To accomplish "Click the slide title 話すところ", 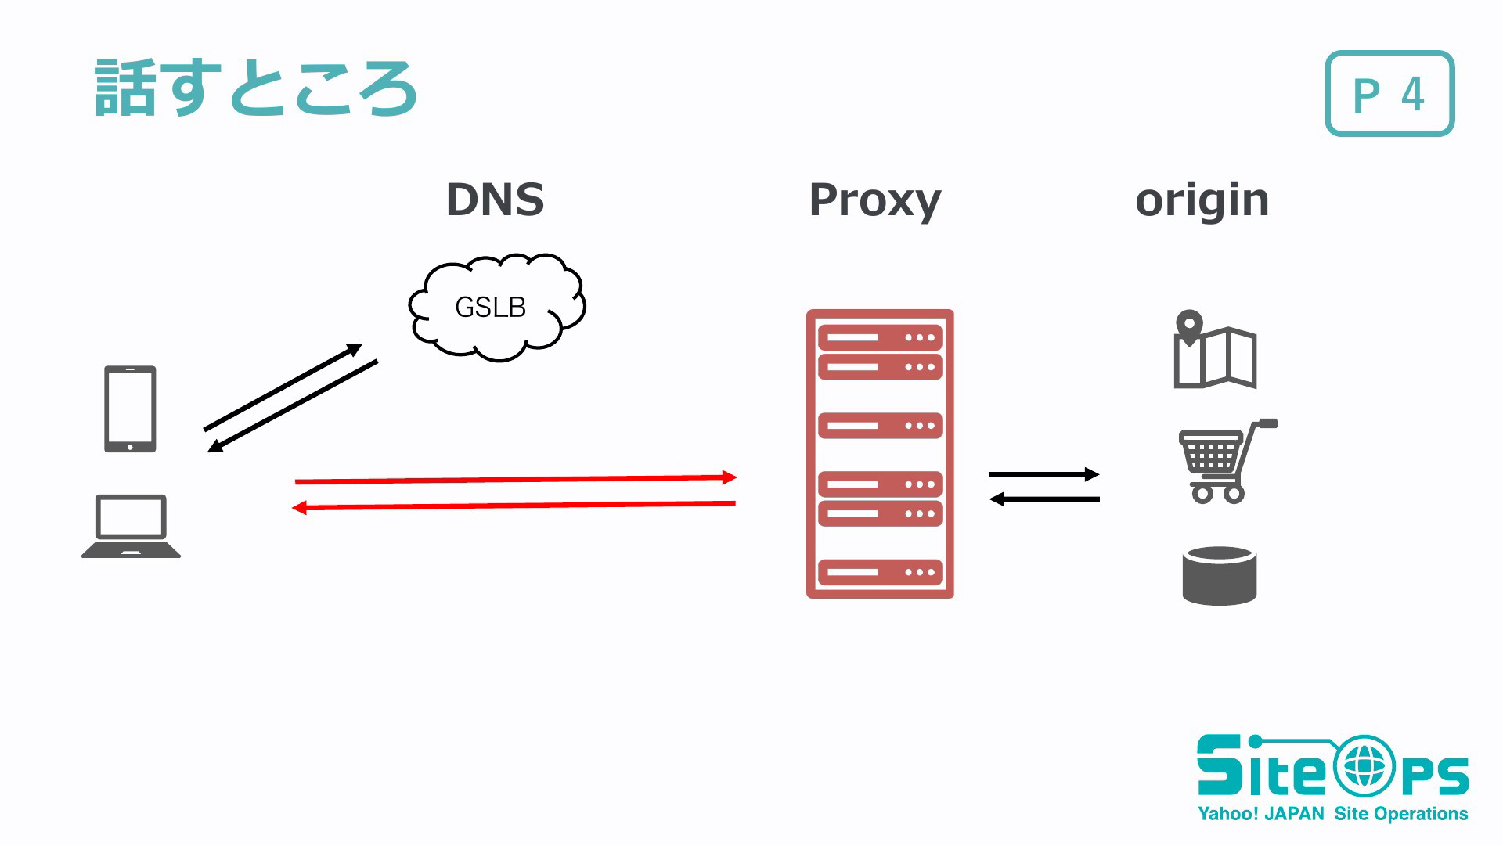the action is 256,88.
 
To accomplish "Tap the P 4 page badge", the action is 1389,94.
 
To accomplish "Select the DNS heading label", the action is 495,200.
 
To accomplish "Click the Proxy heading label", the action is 874,201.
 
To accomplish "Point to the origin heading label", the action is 1202,202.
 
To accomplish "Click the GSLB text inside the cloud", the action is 490,308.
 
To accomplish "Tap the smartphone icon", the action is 130,409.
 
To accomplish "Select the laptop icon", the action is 131,526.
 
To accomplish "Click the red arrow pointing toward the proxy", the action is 516,479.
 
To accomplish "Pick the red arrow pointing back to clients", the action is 514,506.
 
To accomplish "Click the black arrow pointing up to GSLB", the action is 283,387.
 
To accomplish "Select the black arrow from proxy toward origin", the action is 1044,473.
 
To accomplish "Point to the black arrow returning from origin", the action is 1044,499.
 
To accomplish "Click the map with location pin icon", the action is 1215,350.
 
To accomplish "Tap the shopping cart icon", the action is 1227,461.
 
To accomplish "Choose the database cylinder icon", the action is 1219,576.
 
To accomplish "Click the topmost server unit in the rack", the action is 880,338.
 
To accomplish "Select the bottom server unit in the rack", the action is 880,572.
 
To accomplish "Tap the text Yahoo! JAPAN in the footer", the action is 1261,814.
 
